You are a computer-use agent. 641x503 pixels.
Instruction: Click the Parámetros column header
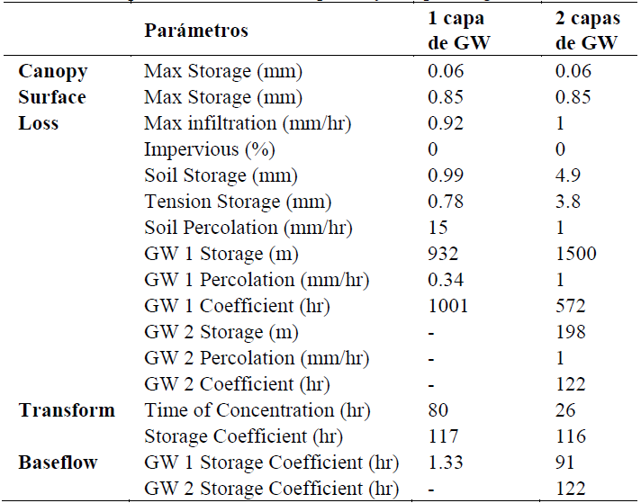tap(195, 31)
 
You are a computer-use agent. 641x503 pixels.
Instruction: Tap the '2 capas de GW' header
tap(588, 31)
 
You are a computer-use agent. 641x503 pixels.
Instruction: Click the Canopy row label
tap(53, 70)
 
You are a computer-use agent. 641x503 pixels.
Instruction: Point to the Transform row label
tap(67, 410)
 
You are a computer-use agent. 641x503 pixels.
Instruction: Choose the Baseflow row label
tap(59, 463)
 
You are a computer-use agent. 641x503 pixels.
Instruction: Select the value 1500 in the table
tap(576, 254)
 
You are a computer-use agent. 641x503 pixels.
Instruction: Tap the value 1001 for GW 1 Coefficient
tap(447, 306)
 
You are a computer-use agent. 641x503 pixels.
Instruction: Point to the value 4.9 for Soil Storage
tap(569, 175)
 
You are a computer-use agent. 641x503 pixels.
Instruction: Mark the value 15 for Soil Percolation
tap(437, 227)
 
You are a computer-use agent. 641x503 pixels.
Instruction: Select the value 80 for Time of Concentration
tap(438, 410)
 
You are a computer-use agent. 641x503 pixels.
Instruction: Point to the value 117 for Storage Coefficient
tap(441, 436)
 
